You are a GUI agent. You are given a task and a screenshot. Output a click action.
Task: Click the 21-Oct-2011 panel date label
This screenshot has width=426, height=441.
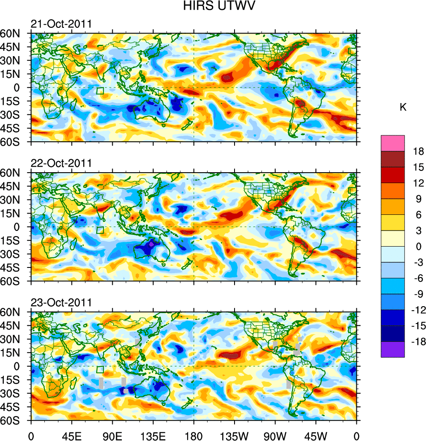tap(61, 24)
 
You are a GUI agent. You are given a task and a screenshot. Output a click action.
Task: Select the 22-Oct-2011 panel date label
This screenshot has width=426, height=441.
tap(61, 163)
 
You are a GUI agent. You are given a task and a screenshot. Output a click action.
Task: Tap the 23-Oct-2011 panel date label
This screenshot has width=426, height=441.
tap(61, 302)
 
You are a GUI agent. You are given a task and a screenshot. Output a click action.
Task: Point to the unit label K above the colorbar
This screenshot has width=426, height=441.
tap(403, 107)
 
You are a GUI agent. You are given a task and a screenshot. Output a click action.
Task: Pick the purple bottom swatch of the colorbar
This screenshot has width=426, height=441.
tap(392, 349)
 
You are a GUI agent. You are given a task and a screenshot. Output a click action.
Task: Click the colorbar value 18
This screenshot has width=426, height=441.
tap(418, 151)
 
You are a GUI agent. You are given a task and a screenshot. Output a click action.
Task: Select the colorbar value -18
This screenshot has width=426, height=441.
tap(417, 342)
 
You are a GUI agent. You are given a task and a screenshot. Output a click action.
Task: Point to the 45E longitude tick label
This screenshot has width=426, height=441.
tap(71, 435)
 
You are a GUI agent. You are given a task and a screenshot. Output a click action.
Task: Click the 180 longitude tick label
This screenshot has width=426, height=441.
tap(194, 435)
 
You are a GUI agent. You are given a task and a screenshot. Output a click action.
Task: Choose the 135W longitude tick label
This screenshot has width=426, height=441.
tap(234, 435)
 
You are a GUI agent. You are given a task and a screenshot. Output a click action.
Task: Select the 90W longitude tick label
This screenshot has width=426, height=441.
tap(275, 435)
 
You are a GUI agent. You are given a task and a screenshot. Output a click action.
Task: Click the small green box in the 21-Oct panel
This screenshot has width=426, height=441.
tap(100, 91)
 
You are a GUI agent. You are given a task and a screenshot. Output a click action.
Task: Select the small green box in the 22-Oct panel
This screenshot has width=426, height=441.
tap(100, 230)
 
